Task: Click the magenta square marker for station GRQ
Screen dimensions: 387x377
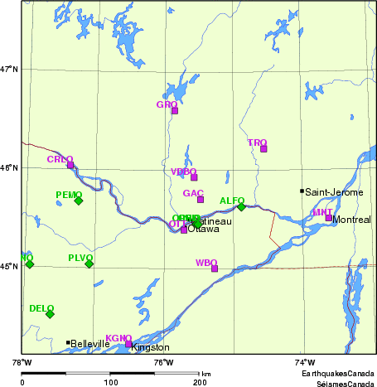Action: click(x=175, y=110)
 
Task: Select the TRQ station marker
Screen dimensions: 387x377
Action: click(x=264, y=149)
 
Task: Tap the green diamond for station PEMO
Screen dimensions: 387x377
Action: click(x=79, y=201)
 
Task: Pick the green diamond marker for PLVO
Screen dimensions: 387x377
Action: click(x=89, y=264)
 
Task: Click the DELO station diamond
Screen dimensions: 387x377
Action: click(x=50, y=314)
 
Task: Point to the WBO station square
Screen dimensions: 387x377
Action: click(x=215, y=268)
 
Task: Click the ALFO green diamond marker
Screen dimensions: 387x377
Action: click(x=241, y=206)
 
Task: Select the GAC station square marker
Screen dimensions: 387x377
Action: click(x=201, y=200)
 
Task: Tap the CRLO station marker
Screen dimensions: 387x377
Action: click(x=70, y=165)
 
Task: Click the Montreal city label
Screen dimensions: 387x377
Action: click(x=352, y=220)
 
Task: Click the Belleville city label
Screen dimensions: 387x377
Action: click(x=90, y=343)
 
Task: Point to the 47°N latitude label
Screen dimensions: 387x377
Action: click(x=9, y=69)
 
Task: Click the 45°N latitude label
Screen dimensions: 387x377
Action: click(x=9, y=266)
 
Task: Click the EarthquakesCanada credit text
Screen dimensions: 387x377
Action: click(x=338, y=375)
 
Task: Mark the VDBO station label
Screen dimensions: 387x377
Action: click(x=184, y=172)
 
